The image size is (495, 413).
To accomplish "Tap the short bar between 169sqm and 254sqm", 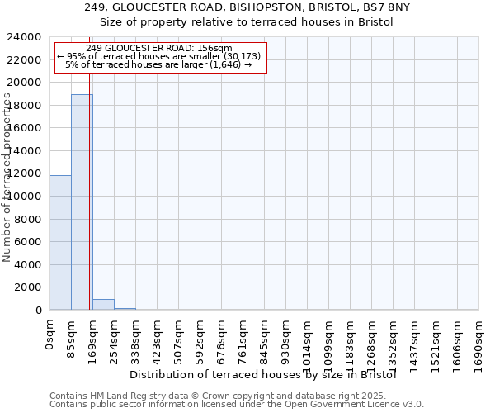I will click(103, 304).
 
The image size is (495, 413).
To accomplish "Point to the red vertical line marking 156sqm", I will click(89, 206).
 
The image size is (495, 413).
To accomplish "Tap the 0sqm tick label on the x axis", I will click(49, 335).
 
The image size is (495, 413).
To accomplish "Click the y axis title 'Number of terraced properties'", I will click(7, 178).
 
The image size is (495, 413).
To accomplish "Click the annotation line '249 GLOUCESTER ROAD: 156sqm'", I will click(158, 49).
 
